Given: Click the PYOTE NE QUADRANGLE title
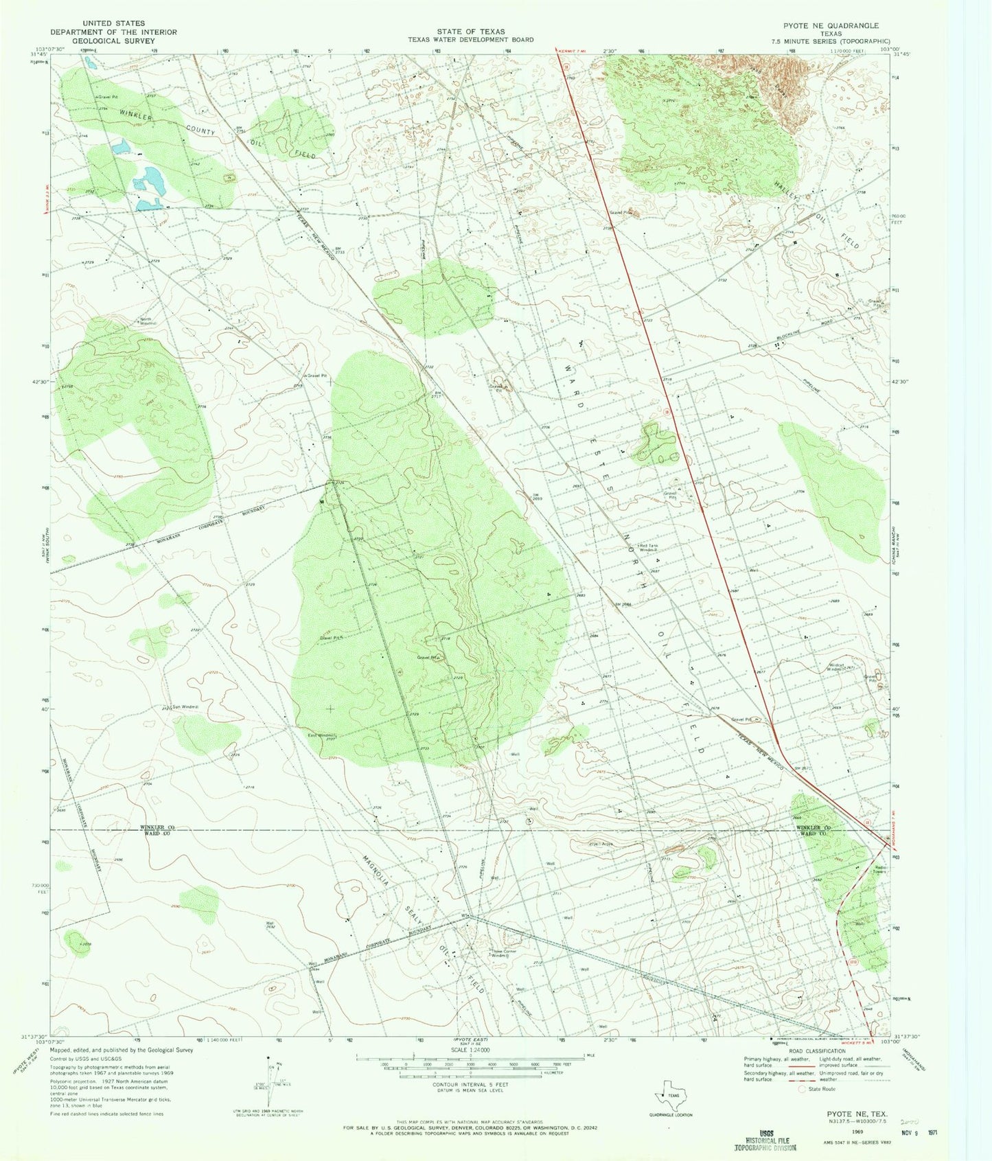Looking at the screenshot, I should (833, 25).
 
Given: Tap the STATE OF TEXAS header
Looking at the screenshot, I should (470, 32).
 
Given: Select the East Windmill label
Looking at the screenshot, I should (321, 736).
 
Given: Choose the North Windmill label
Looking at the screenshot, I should (149, 321).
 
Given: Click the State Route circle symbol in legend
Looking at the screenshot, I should (801, 1089).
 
